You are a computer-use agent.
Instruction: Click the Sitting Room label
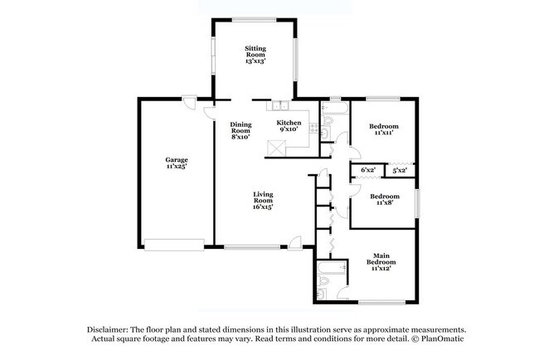pos(255,55)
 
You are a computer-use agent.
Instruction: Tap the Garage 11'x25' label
pos(177,163)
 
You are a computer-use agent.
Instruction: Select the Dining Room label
pos(240,130)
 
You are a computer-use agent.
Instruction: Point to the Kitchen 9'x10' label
pos(289,126)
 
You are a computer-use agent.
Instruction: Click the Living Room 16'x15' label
pos(263,201)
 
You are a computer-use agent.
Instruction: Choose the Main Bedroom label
pos(381,262)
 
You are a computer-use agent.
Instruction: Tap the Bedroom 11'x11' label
pos(384,129)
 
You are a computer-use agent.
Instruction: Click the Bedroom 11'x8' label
pos(385,199)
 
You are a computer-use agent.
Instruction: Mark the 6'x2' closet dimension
pos(368,170)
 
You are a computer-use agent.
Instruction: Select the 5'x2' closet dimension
pos(400,170)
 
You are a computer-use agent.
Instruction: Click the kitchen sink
pos(281,105)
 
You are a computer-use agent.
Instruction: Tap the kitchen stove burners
pos(313,129)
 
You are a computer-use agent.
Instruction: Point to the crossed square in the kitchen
pos(276,148)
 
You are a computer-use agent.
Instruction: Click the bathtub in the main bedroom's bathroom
pos(333,268)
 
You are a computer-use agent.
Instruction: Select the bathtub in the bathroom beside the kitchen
pos(335,108)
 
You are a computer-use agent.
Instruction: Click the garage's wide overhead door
pos(174,245)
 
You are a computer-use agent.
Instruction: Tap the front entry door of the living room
pos(295,244)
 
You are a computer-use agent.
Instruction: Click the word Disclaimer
pos(108,330)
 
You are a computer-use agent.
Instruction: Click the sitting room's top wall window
pos(254,20)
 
